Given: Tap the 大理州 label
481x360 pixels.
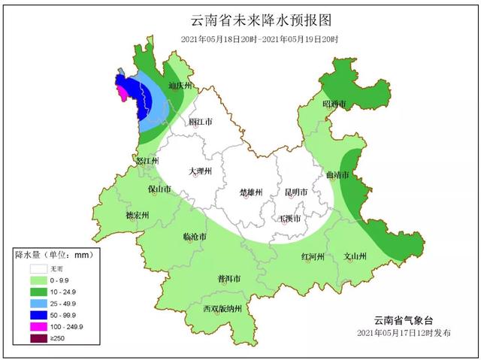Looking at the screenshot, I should coord(201,171).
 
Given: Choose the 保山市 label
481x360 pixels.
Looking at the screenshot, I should coord(160,189).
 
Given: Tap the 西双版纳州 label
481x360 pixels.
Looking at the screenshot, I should coord(222,309).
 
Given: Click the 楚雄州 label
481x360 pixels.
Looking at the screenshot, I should coord(250,192).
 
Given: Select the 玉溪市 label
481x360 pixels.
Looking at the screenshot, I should coord(290,219).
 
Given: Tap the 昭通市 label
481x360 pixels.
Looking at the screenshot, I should coord(334,104).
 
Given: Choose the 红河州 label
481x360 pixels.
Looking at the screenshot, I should coord(312,256).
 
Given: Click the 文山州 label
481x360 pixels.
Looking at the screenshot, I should coord(355,256).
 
